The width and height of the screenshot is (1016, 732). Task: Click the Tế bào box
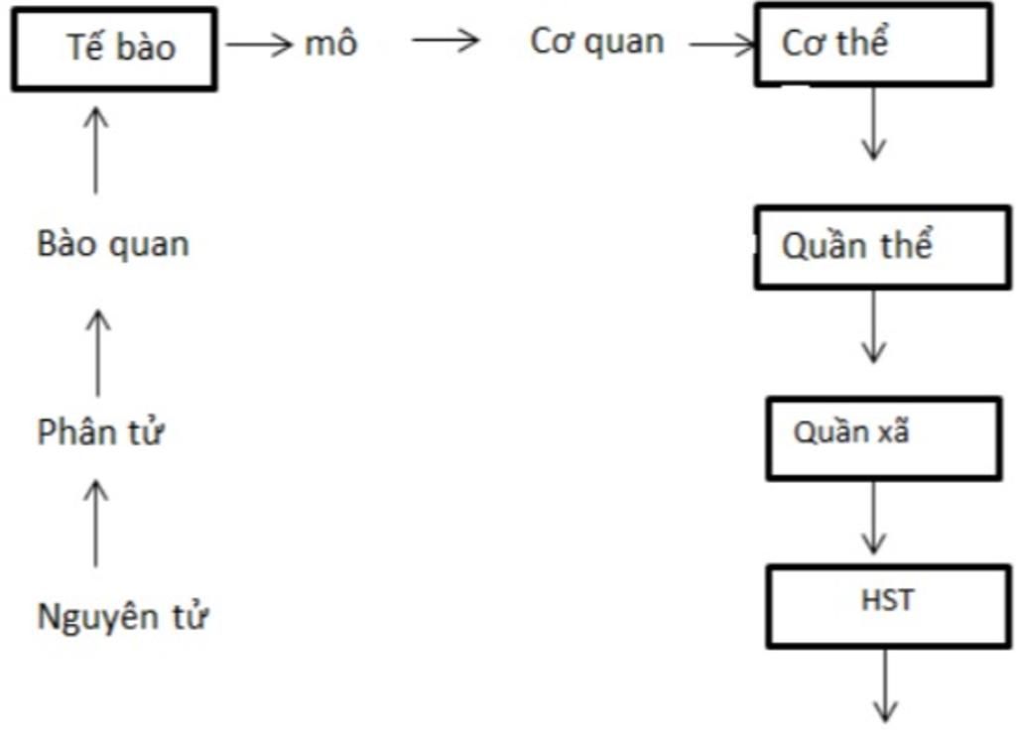114,49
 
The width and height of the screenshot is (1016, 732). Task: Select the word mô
330,45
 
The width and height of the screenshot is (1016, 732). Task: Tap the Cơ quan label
597,43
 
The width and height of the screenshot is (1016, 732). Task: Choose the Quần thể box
882,247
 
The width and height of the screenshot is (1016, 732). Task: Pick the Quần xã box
883,437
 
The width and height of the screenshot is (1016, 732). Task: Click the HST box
888,605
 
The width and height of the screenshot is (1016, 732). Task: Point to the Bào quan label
113,244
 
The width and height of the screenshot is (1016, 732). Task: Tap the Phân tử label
100,433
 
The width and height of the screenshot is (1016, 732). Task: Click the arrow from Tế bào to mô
260,45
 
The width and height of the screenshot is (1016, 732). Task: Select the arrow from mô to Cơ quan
445,41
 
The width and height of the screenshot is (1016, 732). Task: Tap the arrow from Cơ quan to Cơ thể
722,45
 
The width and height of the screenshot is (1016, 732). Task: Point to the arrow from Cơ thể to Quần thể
873,123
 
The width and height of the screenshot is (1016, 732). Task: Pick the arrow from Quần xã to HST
873,517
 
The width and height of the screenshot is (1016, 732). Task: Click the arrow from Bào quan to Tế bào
96,149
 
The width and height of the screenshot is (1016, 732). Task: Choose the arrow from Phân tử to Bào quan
97,351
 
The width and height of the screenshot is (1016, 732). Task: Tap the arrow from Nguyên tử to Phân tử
96,522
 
